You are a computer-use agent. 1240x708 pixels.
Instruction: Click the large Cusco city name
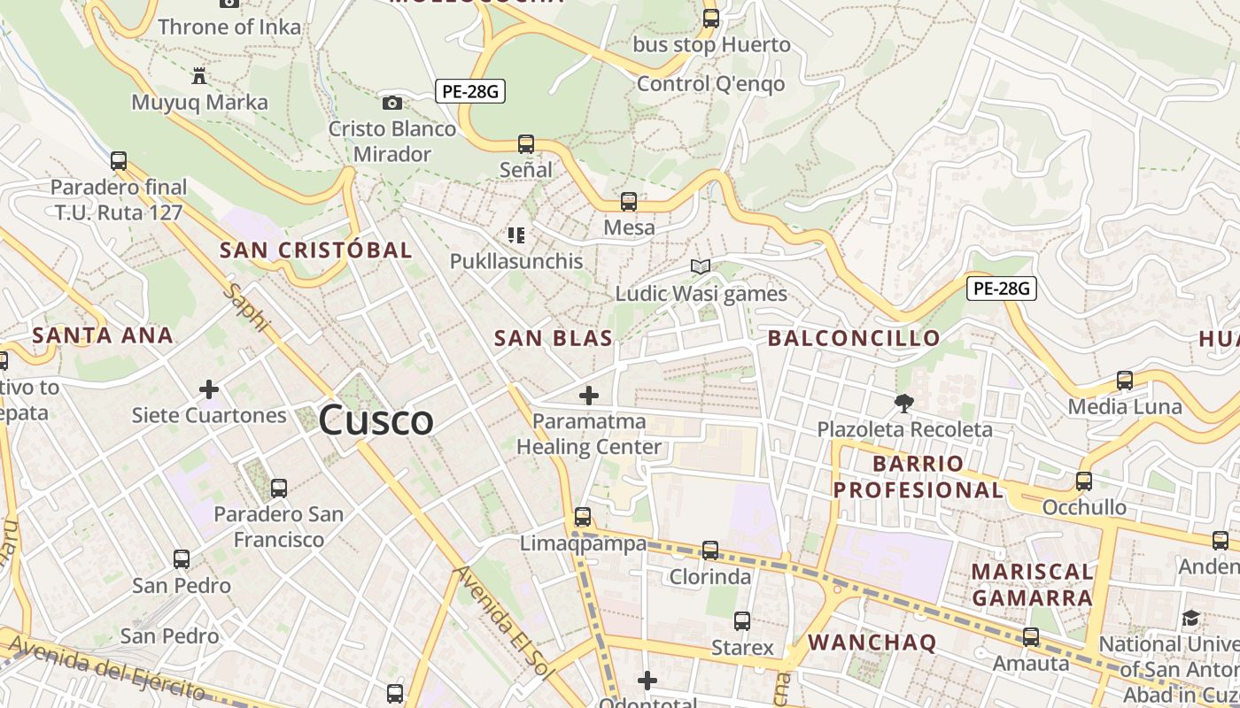[376, 420]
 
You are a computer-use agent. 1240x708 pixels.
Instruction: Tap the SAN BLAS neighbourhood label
[554, 338]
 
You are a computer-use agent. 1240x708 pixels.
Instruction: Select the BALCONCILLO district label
[854, 338]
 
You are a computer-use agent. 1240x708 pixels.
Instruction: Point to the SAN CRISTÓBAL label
[316, 250]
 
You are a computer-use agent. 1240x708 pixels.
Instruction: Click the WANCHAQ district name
[872, 643]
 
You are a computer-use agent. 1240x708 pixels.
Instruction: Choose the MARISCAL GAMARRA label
[1032, 584]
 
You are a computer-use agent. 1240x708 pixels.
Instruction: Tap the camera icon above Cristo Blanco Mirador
[392, 104]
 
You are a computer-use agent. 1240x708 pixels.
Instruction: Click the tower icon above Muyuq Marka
[199, 76]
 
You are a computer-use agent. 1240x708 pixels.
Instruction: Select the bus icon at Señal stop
[526, 143]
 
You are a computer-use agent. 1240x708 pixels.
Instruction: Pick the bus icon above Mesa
[629, 202]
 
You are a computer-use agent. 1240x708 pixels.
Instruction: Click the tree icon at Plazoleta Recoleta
[904, 404]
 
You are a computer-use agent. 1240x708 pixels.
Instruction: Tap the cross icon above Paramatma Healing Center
[589, 396]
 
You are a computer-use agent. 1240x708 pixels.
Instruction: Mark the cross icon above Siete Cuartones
[209, 389]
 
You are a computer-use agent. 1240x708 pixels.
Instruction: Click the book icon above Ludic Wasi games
[701, 266]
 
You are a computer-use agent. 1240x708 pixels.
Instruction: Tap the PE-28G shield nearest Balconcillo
[1002, 288]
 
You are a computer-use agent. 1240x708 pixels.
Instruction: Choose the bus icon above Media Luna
[1125, 381]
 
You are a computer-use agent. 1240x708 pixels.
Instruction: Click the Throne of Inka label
[229, 27]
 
